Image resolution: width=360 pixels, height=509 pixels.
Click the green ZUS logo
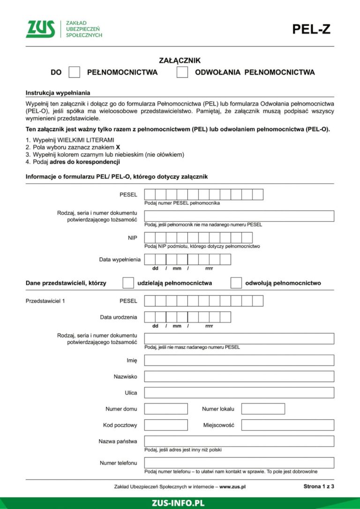[40, 29]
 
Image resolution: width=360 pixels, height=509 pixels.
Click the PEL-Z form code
[311, 29]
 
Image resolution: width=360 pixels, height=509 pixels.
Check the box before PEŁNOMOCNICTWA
[75, 72]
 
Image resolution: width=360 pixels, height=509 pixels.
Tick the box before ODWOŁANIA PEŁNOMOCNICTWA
[182, 72]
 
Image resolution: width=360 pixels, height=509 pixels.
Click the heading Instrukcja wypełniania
[58, 92]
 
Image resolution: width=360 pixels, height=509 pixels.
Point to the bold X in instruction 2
[118, 147]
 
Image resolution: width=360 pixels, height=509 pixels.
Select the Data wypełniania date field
[187, 259]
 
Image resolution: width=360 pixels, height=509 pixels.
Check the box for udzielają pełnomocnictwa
[128, 283]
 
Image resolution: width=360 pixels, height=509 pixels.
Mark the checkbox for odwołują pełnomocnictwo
[236, 283]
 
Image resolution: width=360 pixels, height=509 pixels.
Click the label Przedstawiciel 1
[45, 300]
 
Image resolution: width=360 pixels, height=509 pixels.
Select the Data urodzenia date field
[187, 317]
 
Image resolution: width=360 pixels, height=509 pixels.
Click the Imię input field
[239, 360]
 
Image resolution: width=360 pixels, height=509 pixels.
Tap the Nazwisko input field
[239, 376]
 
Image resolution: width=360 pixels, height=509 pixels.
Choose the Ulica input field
[239, 393]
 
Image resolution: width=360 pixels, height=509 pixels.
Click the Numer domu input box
[166, 409]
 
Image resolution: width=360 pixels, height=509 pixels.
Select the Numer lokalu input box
[263, 409]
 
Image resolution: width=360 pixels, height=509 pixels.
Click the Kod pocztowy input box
[166, 425]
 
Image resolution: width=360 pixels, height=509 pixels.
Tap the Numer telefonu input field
[239, 463]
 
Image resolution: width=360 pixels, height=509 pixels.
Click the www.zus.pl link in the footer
[232, 487]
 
